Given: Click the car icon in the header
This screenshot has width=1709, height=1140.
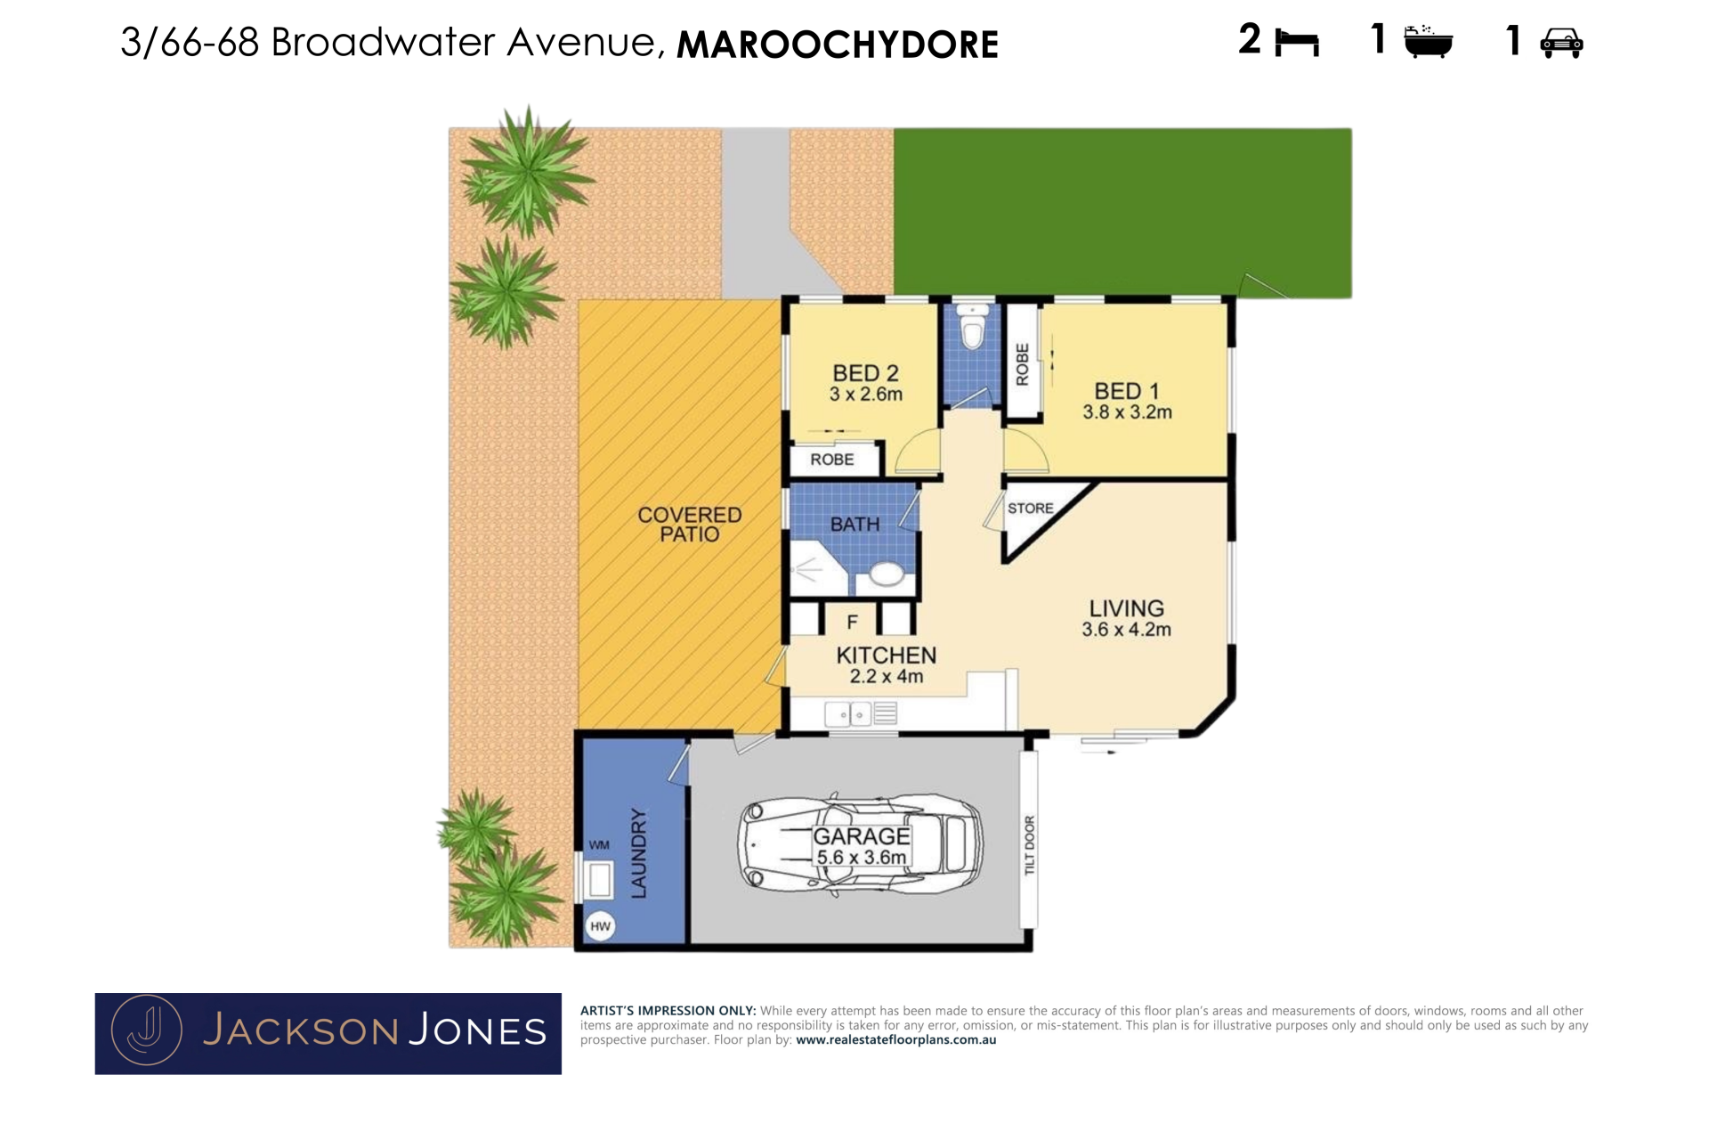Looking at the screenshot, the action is pos(1561,43).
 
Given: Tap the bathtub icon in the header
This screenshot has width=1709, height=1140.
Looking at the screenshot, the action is pos(1428,42).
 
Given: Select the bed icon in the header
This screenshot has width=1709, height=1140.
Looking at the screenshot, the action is pos(1297,43).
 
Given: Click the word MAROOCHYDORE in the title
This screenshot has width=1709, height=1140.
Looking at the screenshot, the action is pos(838,45).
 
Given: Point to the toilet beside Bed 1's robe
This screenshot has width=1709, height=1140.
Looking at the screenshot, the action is pos(973,327).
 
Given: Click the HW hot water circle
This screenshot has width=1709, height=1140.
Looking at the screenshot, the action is pos(601,926).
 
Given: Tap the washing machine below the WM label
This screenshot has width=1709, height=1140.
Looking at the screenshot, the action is pos(599,879).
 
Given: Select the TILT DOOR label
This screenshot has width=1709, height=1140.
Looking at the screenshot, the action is pos(1030,844).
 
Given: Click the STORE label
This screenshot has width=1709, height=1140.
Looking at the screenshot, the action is pos(1031,509).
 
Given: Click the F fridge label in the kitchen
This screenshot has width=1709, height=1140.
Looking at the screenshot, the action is pos(853,623).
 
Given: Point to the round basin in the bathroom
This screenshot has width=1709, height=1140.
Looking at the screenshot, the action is pos(887,574).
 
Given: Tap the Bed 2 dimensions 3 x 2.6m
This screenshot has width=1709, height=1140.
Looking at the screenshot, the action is pos(866,395).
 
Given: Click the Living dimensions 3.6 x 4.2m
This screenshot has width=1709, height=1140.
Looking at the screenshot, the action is pos(1127,630).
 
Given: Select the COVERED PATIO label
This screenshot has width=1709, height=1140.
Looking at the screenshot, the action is pos(690,525).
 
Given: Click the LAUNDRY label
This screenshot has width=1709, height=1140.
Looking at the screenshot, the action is pos(639,853).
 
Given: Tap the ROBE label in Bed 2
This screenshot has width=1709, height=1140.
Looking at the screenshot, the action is pos(832,460).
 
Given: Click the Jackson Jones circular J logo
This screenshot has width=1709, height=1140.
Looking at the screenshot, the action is pos(147,1030).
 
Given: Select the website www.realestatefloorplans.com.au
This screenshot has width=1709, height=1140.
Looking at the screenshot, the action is pos(896,1040).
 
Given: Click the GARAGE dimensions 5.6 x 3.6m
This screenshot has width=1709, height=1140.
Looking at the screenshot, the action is pos(862,858).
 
